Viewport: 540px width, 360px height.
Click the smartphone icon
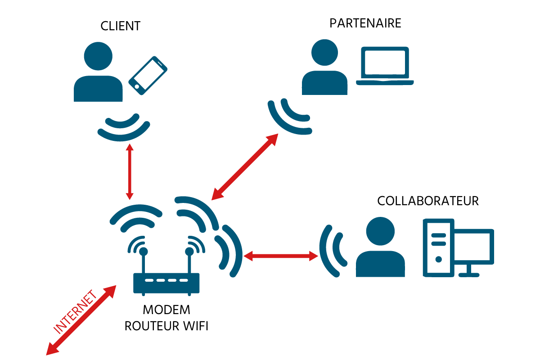pyautogui.click(x=148, y=75)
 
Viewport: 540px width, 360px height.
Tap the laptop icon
pyautogui.click(x=385, y=66)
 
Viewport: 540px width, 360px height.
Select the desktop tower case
pyautogui.click(x=438, y=247)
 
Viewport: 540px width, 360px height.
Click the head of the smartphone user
pyautogui.click(x=98, y=56)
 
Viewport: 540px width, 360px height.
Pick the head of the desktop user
pyautogui.click(x=380, y=231)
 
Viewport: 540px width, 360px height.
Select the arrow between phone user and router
pyautogui.click(x=130, y=171)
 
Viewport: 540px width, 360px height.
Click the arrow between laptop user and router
pyautogui.click(x=245, y=166)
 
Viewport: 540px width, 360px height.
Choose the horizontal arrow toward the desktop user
pyautogui.click(x=281, y=256)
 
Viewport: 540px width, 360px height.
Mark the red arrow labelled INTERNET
pyautogui.click(x=81, y=320)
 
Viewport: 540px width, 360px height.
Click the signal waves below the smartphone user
pyautogui.click(x=123, y=128)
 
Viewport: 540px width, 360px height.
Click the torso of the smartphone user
pyautogui.click(x=98, y=89)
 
